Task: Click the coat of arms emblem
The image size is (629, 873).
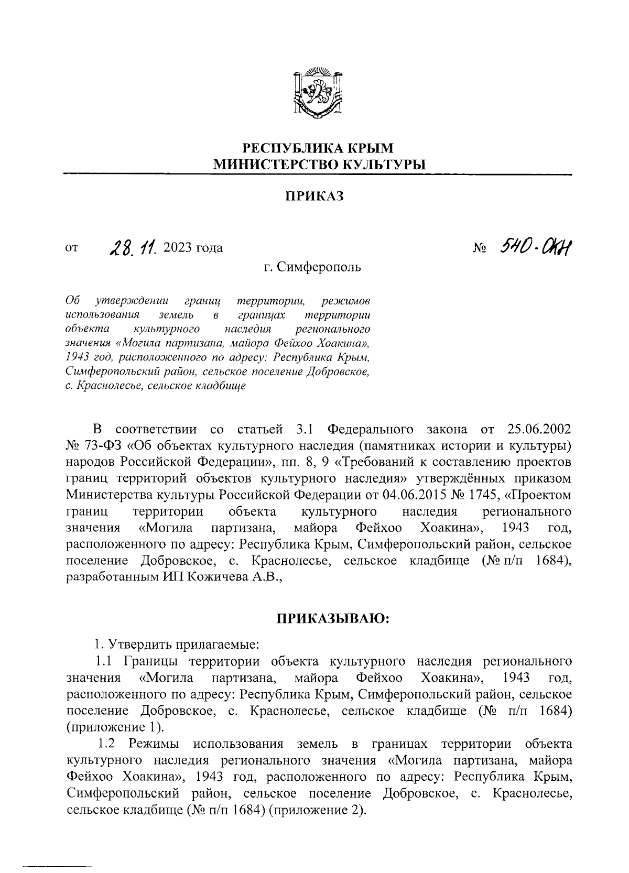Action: point(317,93)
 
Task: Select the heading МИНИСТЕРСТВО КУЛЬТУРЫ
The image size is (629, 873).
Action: point(317,165)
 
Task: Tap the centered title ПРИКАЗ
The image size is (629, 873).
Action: point(314,197)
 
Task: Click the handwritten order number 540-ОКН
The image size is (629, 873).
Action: point(535,246)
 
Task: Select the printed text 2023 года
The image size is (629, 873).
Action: point(193,248)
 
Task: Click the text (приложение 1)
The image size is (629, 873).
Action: point(115,727)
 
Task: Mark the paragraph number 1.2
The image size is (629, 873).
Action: point(110,744)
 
